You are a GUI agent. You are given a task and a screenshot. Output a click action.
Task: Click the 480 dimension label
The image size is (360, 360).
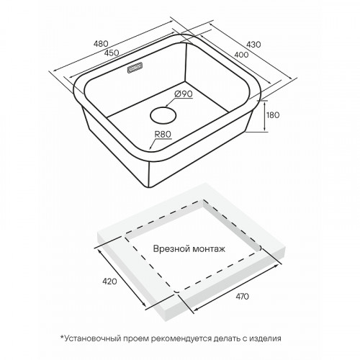(x=101, y=44)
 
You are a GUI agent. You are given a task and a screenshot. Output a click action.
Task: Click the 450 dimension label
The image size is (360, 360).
(x=112, y=53)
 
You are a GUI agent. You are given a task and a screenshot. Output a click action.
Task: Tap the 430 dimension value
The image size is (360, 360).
(x=253, y=45)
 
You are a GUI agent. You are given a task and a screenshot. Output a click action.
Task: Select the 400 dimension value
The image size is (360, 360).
(x=241, y=55)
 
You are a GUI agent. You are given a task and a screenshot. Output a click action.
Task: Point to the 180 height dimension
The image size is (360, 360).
(x=273, y=115)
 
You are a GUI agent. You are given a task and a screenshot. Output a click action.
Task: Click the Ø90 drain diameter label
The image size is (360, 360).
(x=184, y=94)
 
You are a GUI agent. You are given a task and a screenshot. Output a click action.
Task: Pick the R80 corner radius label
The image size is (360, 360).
(x=163, y=134)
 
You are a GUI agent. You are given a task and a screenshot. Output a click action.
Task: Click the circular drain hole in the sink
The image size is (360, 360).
(x=163, y=115)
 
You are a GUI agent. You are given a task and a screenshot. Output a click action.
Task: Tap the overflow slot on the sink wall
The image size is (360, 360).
(x=135, y=68)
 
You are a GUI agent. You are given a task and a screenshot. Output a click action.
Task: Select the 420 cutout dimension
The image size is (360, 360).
(x=109, y=281)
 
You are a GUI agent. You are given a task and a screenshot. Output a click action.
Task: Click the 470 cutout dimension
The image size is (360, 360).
(x=242, y=297)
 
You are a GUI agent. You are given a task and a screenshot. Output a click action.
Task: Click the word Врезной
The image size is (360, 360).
(x=169, y=249)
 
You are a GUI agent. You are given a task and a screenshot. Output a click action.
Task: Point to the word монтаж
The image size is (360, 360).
(x=207, y=249)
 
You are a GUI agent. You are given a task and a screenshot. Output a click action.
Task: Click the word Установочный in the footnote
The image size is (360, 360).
(x=92, y=338)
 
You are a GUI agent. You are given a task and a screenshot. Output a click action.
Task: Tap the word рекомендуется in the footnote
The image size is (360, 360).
(x=181, y=339)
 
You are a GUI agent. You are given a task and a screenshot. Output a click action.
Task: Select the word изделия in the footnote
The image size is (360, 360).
(x=265, y=339)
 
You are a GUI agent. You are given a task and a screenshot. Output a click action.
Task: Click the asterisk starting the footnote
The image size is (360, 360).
(x=62, y=337)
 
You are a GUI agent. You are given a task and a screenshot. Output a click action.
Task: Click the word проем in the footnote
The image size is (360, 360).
(x=135, y=339)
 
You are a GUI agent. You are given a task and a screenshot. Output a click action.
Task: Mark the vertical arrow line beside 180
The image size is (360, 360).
(x=265, y=116)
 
